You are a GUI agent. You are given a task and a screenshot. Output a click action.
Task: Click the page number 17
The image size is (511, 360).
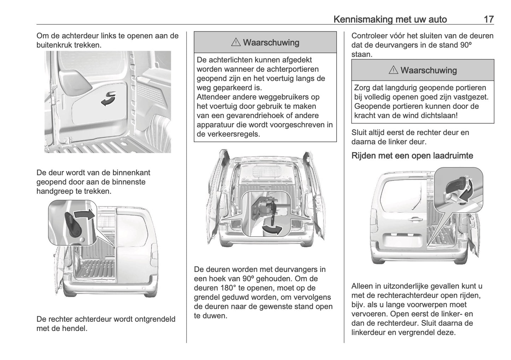pyautogui.click(x=488, y=19)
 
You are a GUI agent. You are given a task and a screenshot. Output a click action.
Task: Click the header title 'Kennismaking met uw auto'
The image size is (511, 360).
pyautogui.click(x=390, y=19)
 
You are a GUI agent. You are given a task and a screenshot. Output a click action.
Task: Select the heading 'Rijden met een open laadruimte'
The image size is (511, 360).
pyautogui.click(x=412, y=156)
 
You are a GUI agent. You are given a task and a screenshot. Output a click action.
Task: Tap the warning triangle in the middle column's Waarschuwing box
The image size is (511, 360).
pyautogui.click(x=236, y=43)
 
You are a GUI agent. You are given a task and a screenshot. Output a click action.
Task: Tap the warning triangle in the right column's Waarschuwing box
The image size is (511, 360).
pyautogui.click(x=393, y=70)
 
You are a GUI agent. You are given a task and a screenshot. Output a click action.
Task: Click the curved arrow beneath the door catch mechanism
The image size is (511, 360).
pyautogui.click(x=273, y=230)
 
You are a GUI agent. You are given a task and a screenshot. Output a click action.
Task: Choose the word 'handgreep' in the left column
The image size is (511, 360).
pyautogui.click(x=54, y=191)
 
